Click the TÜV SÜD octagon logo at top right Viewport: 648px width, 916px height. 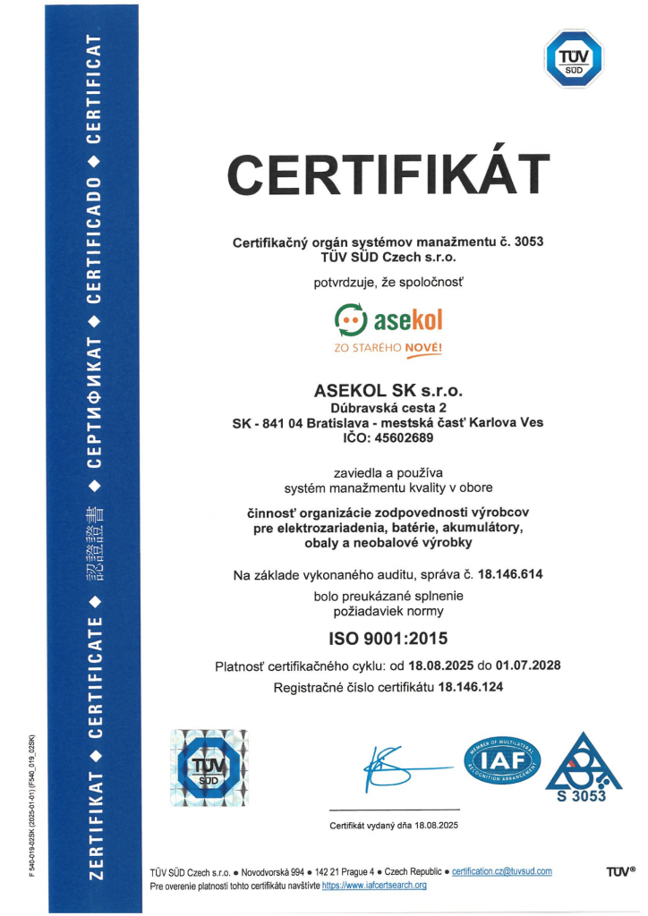[574, 58]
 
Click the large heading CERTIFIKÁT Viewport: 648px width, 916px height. [388, 177]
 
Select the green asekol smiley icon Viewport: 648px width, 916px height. [351, 318]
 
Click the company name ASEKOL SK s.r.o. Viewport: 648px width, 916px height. [388, 392]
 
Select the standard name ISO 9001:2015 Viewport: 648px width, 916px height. [388, 639]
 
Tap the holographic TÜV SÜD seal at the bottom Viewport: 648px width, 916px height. [209, 768]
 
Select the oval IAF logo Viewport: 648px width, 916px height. [502, 762]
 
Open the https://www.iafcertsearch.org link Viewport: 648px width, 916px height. [374, 885]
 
